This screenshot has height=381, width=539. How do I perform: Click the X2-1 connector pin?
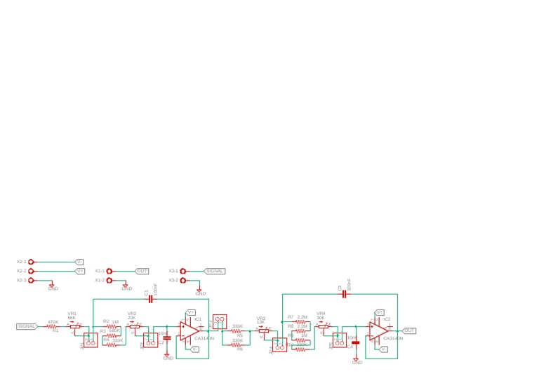31,262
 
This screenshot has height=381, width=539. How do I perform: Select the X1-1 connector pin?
109,271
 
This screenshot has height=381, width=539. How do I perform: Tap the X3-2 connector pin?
183,280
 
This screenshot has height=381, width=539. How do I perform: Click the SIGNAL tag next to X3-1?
215,271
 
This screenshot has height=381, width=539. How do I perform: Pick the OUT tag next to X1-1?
142,271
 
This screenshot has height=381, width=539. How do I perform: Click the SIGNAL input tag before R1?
27,326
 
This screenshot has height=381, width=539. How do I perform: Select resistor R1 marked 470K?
52,326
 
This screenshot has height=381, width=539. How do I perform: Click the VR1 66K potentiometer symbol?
75,326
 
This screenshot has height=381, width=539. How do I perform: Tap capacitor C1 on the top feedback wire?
149,299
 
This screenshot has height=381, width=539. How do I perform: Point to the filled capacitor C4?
356,342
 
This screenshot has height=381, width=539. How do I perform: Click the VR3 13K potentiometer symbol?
263,330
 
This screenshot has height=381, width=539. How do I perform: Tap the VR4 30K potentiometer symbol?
323,326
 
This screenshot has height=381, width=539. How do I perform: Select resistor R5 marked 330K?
237,330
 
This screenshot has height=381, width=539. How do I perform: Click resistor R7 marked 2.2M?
300,322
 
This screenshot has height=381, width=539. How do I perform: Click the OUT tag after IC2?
409,330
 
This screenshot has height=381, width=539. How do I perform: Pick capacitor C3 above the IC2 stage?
344,295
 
